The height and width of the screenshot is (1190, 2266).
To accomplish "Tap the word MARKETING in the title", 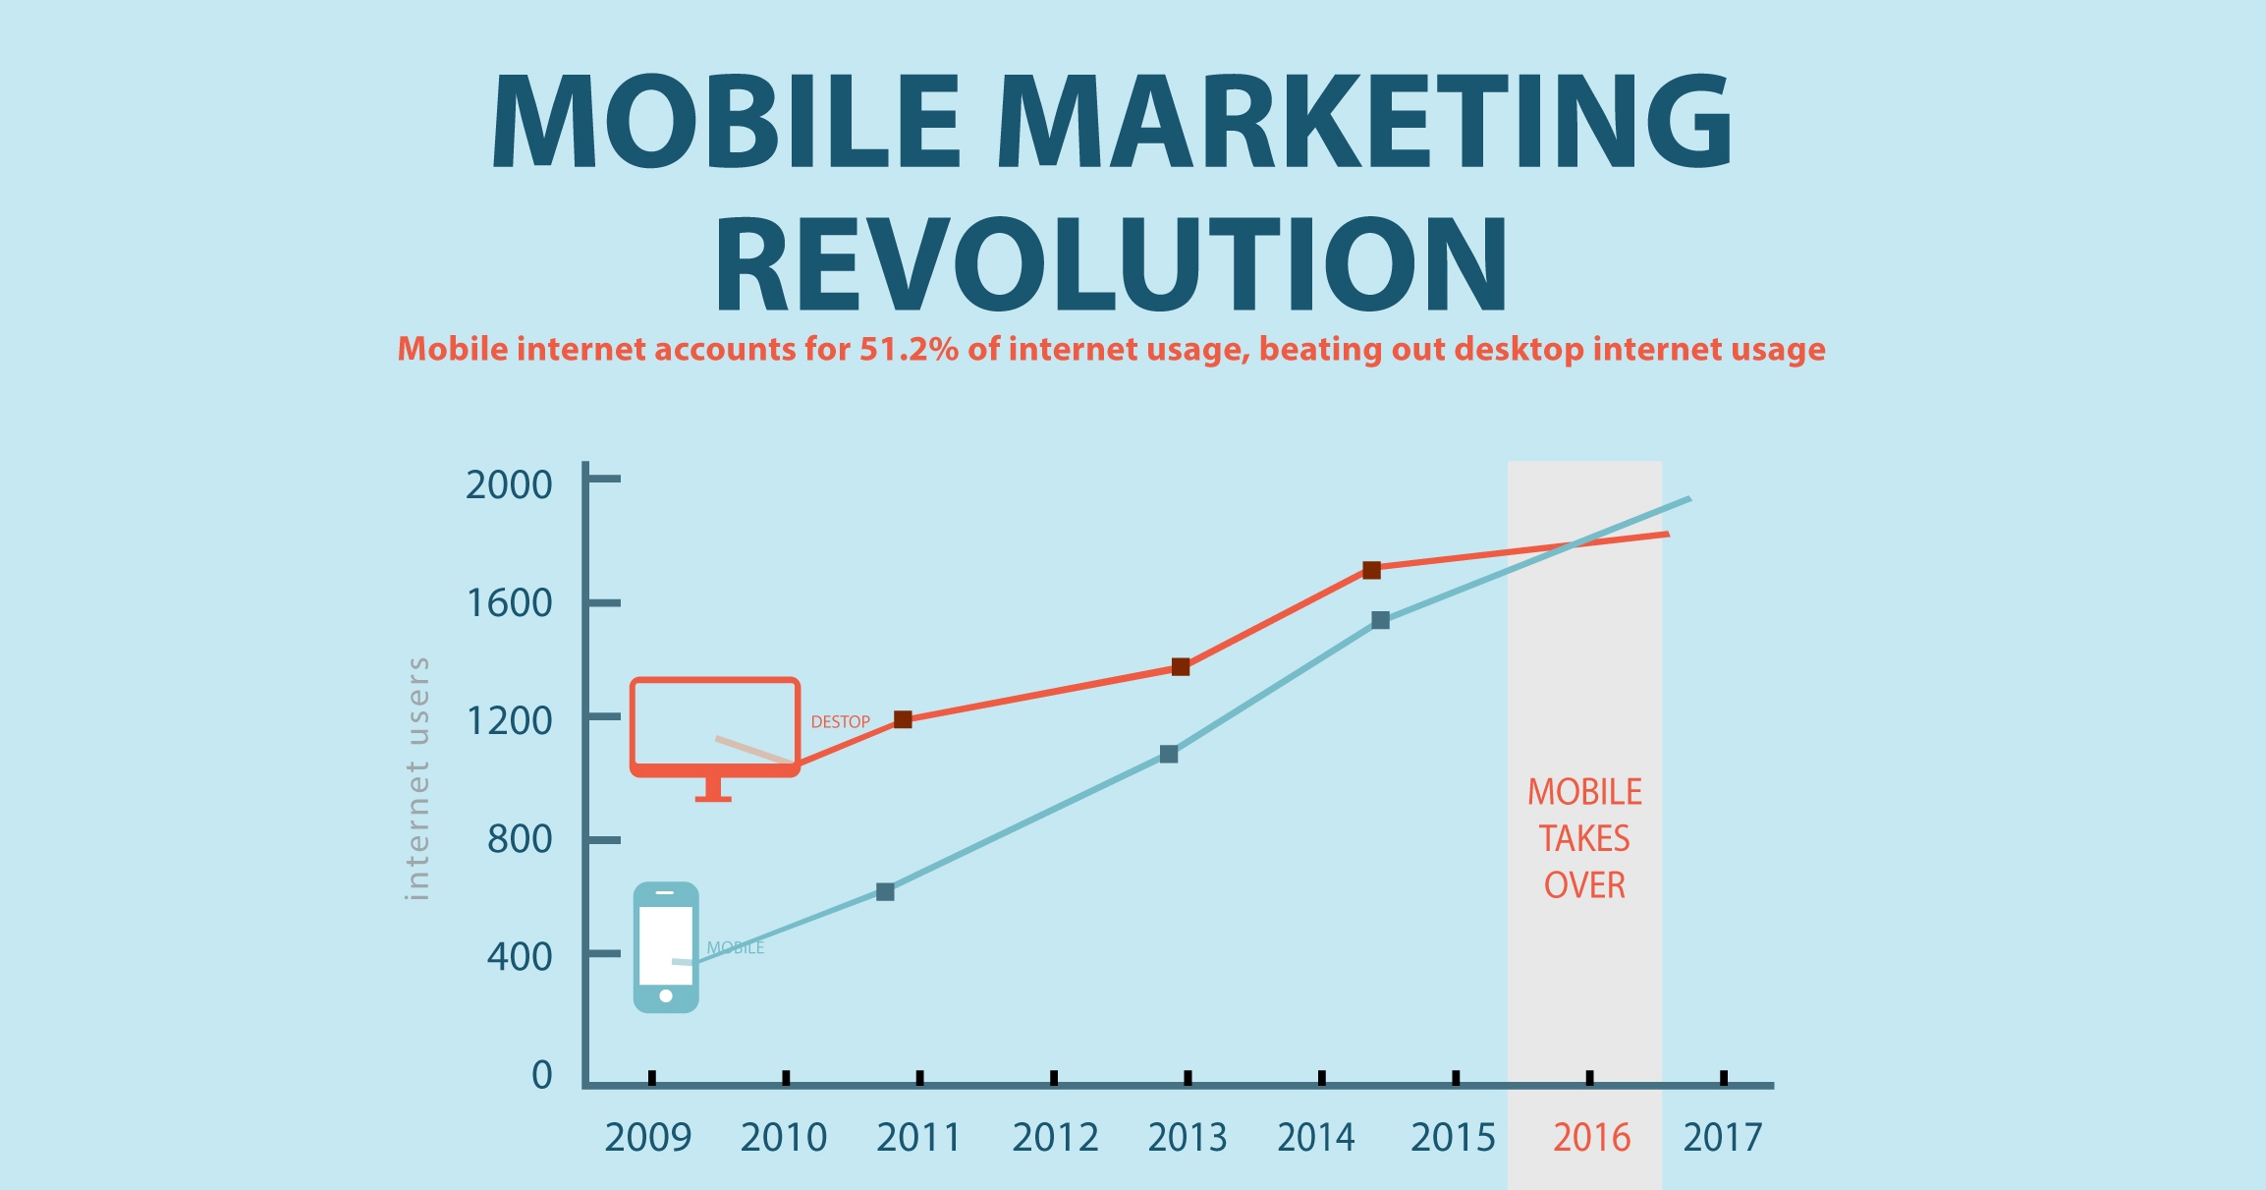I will point(1365,122).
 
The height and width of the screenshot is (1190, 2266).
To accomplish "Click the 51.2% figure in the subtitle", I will point(909,350).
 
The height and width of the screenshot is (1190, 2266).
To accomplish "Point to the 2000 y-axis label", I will point(509,484).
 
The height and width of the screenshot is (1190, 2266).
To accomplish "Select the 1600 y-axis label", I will point(509,602).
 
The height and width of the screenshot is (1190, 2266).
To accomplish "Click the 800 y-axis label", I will point(520,839).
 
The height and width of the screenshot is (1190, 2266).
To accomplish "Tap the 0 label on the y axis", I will point(542,1075).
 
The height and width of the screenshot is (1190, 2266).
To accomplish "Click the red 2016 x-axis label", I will point(1591,1138).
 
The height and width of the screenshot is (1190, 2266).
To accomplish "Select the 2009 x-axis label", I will point(648,1138).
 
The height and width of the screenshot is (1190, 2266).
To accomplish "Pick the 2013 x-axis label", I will point(1188,1138).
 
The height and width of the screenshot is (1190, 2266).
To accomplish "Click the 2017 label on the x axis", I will point(1723,1138).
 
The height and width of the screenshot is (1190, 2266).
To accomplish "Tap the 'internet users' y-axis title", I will point(417,778).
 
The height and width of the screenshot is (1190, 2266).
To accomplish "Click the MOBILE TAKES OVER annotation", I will point(1584,838).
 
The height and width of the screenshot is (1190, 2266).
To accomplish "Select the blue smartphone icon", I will point(666,947).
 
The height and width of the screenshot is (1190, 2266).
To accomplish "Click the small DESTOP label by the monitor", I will point(840,722).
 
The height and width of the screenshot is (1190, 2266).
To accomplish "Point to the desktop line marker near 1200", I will point(903,719).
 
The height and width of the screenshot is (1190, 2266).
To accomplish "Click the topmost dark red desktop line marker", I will point(1371,570).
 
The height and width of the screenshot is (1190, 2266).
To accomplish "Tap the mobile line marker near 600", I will point(885,892).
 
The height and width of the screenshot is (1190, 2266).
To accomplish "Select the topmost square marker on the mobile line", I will point(1380,620).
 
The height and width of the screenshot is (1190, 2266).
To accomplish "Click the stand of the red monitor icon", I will point(713,789).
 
